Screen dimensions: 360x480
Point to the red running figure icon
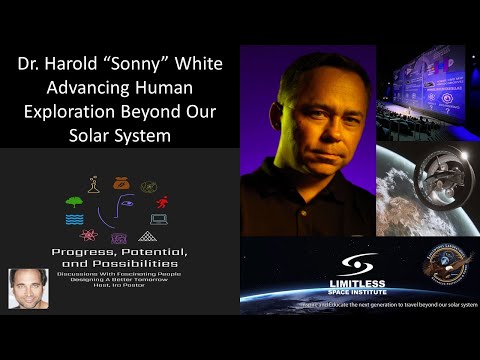coord(163,203)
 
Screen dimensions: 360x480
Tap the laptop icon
coord(159,220)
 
